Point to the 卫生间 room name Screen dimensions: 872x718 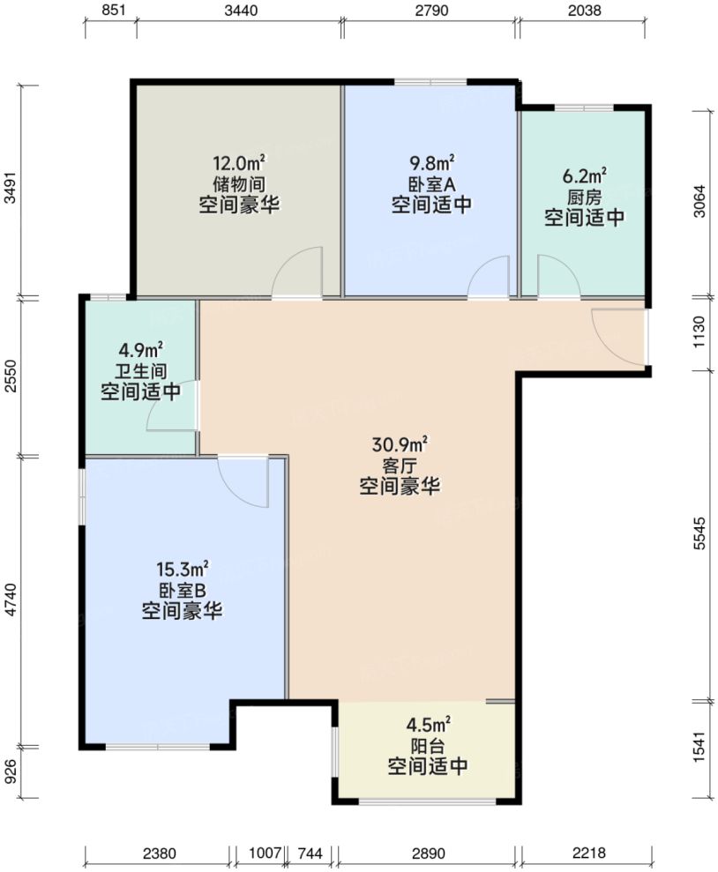(141, 370)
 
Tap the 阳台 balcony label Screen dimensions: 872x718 (428, 746)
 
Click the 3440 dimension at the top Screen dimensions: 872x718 (239, 11)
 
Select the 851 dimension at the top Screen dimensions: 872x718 (111, 11)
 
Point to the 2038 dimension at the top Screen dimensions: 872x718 (585, 11)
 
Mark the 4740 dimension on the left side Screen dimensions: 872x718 (11, 601)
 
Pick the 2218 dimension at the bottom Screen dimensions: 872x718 (585, 853)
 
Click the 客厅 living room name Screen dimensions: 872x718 (400, 465)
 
